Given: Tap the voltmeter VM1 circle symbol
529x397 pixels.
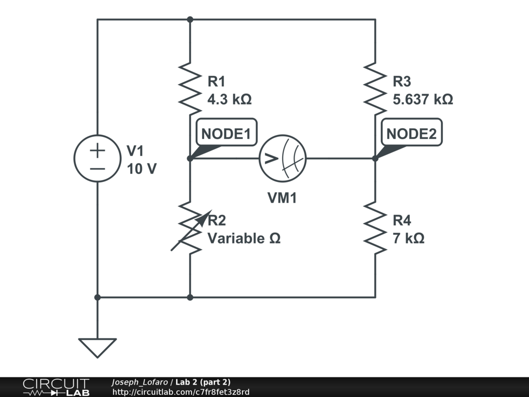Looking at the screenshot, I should (x=283, y=158).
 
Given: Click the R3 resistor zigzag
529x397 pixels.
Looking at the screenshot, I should (x=375, y=88).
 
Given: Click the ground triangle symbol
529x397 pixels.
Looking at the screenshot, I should (x=98, y=346).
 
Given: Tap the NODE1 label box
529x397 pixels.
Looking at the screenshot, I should (x=226, y=134).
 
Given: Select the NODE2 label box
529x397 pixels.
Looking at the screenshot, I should (x=411, y=134).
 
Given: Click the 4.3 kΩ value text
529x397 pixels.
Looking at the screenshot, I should (x=229, y=99).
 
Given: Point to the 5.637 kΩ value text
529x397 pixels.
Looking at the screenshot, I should (x=423, y=99).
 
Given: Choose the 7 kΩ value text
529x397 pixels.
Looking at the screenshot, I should (x=409, y=238).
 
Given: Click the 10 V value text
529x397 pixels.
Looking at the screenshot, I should (x=142, y=169).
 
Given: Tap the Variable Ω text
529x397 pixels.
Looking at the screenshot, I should (x=244, y=238).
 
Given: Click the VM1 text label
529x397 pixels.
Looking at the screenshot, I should (x=282, y=197).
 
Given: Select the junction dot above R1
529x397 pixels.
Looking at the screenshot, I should (x=190, y=20).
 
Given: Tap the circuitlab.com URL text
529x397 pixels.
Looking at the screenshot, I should (x=181, y=392).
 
